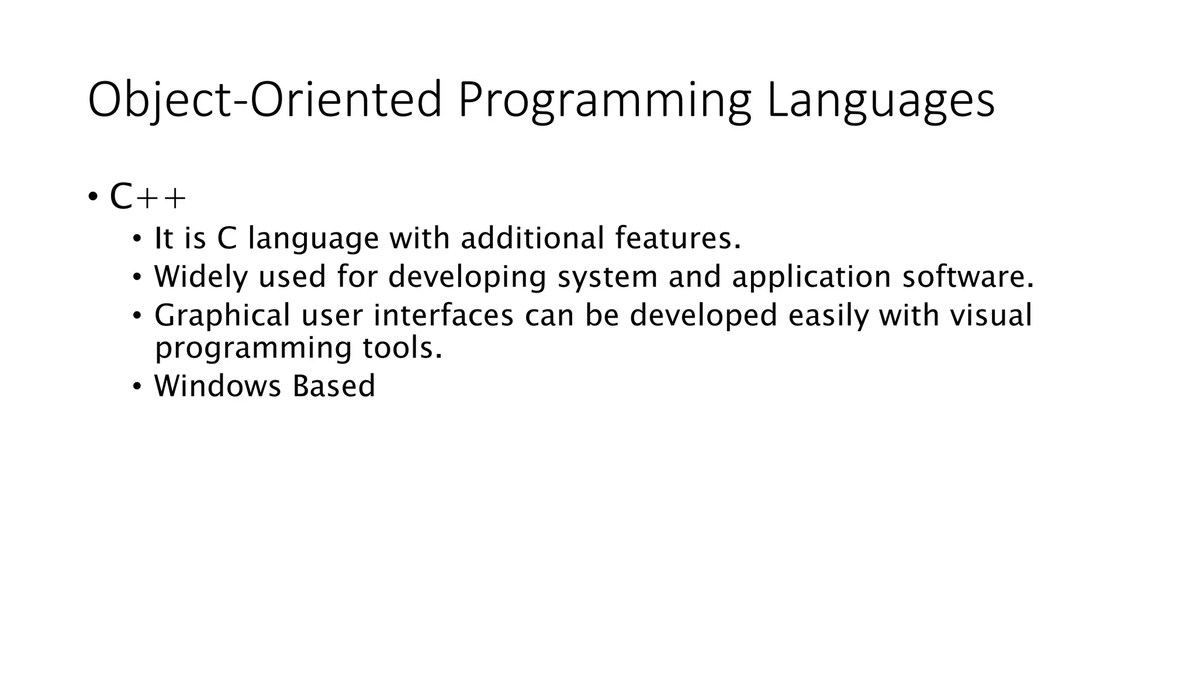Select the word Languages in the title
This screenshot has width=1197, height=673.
click(x=880, y=100)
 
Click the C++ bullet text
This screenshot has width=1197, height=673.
click(x=147, y=199)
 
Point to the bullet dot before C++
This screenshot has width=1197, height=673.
click(x=93, y=197)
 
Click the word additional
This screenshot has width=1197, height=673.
click(x=532, y=238)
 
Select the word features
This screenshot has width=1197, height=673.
click(x=677, y=238)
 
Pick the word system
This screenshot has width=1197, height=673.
click(x=607, y=276)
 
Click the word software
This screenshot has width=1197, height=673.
click(x=967, y=276)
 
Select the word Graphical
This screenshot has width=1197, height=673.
click(x=222, y=315)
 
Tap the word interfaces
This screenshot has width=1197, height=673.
click(x=444, y=315)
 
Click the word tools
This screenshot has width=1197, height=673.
click(x=402, y=348)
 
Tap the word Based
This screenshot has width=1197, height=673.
click(x=334, y=386)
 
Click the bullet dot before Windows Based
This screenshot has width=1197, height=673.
click(x=137, y=386)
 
